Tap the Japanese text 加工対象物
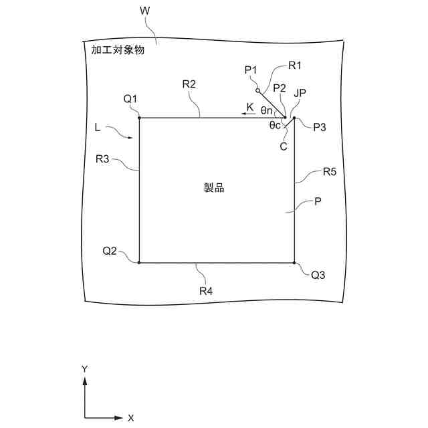pos(117,49)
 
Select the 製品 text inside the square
pos(214,188)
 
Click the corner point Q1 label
pos(130,99)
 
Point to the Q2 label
pos(110,251)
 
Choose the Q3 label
pos(318,274)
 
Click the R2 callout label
pos(189,84)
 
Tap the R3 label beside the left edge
pos(102,159)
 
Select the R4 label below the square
pos(206,291)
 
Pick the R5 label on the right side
pos(329,172)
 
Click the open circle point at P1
pos(257,90)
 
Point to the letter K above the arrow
pos(250,106)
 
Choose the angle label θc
pos(274,124)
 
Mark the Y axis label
pos(85,369)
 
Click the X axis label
pos(131,417)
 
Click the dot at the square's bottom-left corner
pos(139,263)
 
